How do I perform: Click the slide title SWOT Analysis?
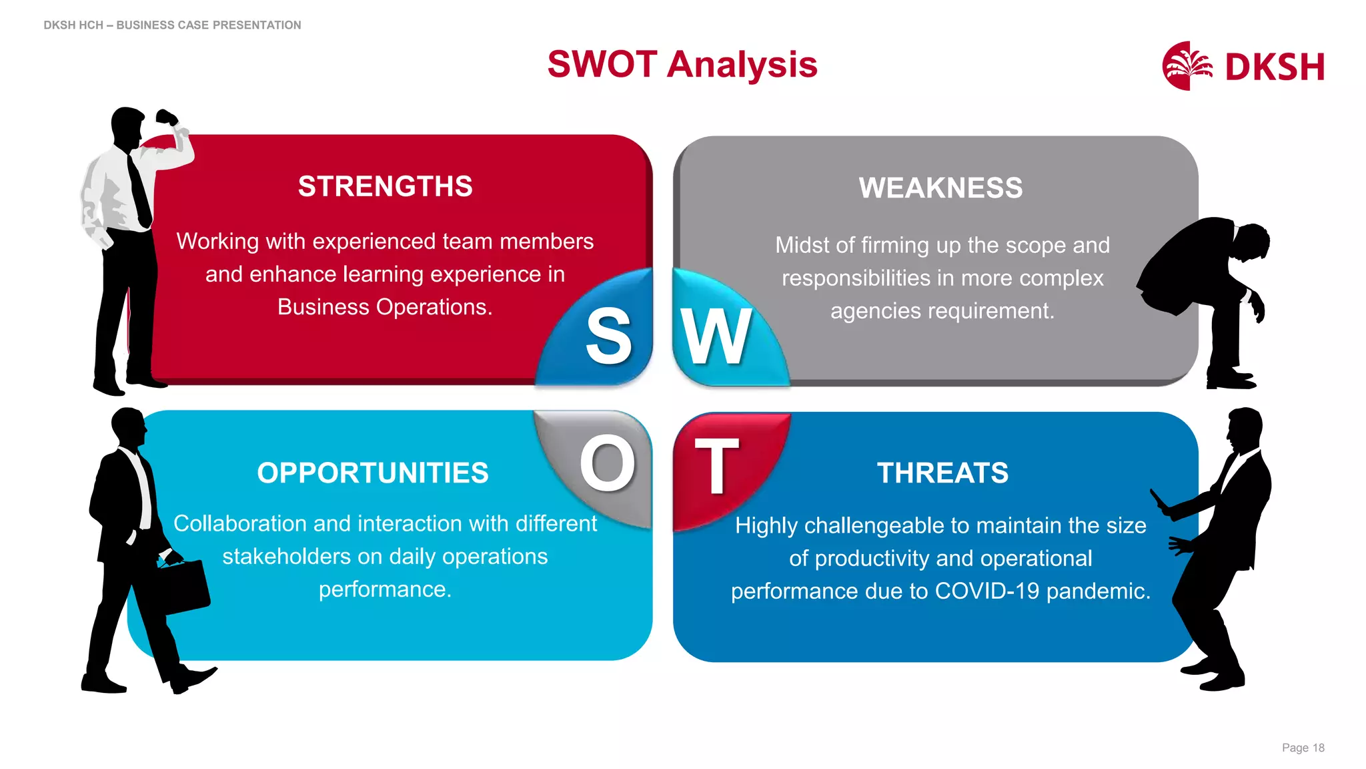pos(682,65)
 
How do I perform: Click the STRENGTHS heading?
pos(385,186)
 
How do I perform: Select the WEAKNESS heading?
pos(940,188)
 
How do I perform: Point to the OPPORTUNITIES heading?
pos(373,473)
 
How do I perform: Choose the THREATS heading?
pos(942,473)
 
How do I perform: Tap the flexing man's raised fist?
pos(166,118)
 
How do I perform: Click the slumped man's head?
pos(1251,242)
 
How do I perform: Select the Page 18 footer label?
pos(1303,748)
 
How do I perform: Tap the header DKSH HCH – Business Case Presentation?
pos(172,25)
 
